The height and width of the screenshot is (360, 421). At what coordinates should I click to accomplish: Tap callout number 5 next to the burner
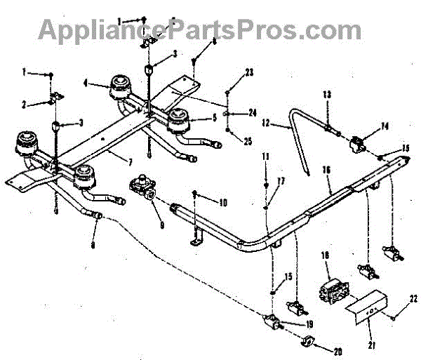(x=213, y=118)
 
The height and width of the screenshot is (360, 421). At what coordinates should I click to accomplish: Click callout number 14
(x=385, y=127)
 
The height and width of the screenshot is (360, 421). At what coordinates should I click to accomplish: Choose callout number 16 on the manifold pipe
(x=326, y=170)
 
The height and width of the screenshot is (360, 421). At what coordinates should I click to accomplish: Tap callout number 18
(x=325, y=257)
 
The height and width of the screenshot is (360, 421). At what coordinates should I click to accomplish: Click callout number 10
(x=223, y=204)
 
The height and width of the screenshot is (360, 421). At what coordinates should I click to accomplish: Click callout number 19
(x=309, y=325)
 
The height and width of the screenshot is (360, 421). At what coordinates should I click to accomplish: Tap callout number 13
(x=326, y=94)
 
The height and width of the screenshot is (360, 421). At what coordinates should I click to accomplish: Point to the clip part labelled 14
(x=357, y=145)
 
